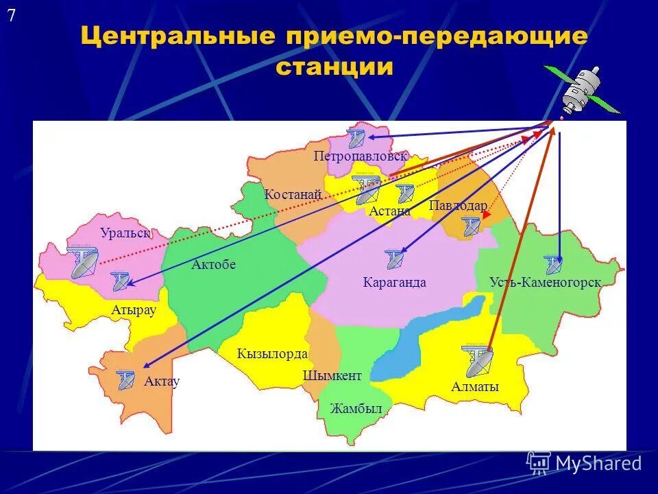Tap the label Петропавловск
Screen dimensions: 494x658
[361, 156]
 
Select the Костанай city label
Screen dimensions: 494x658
[293, 195]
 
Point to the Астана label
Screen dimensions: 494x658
[389, 211]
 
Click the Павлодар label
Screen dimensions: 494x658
[458, 206]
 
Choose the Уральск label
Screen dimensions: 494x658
[125, 233]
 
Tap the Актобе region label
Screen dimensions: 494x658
[214, 265]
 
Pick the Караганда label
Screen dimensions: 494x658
[394, 282]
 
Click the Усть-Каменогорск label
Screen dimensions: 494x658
[546, 282]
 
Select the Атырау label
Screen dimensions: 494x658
[134, 310]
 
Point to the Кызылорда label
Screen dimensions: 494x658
[272, 354]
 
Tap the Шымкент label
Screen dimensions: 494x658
[332, 376]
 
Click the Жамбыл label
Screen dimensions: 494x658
[355, 409]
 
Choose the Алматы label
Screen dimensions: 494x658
[475, 388]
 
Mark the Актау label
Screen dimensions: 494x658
[162, 381]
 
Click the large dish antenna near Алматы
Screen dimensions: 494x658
[477, 360]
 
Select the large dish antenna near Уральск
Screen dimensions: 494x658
[84, 261]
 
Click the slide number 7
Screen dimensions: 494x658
[12, 17]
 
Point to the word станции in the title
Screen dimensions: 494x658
[334, 67]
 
